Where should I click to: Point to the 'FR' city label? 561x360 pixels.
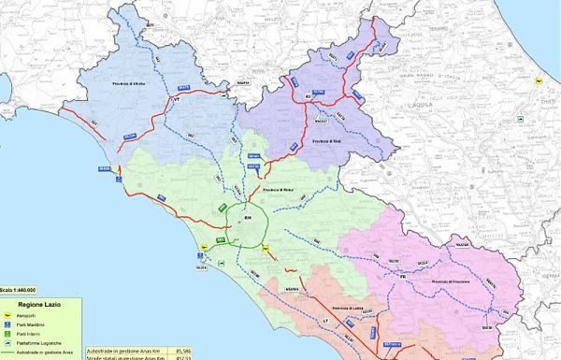click(x=401, y=277)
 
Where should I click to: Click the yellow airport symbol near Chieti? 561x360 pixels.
click(x=538, y=82)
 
